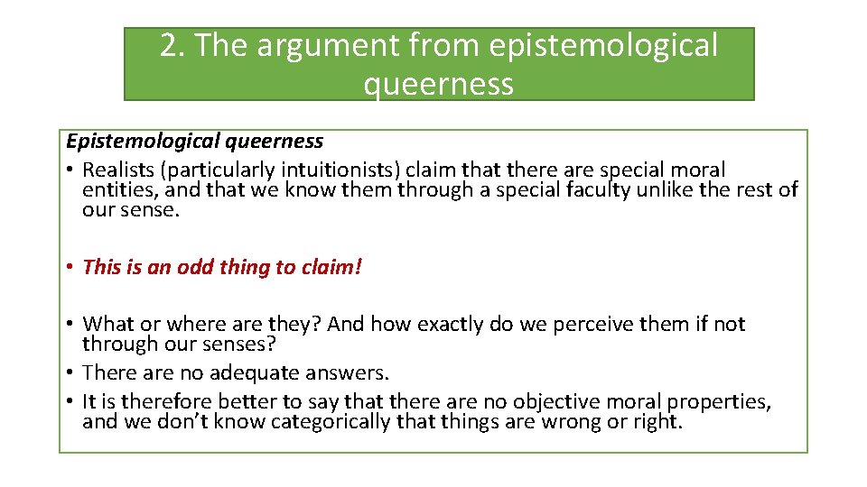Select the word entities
click(115, 189)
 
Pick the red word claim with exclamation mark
click(328, 267)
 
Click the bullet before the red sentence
click(70, 267)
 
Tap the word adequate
click(255, 372)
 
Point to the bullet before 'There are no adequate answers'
click(70, 372)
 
